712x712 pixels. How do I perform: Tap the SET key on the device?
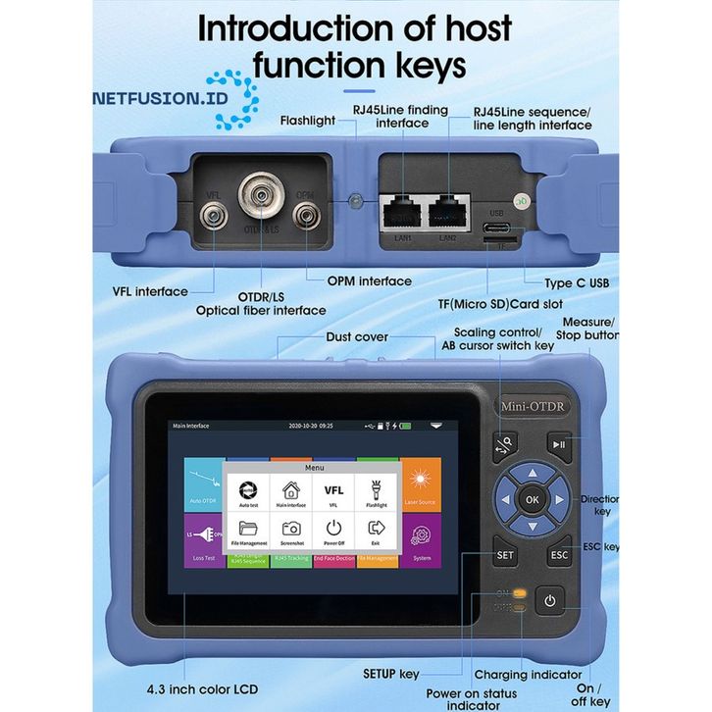(505, 554)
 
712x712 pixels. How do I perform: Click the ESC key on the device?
(560, 554)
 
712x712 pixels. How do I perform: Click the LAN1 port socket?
(399, 209)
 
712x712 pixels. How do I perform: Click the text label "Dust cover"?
(357, 336)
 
